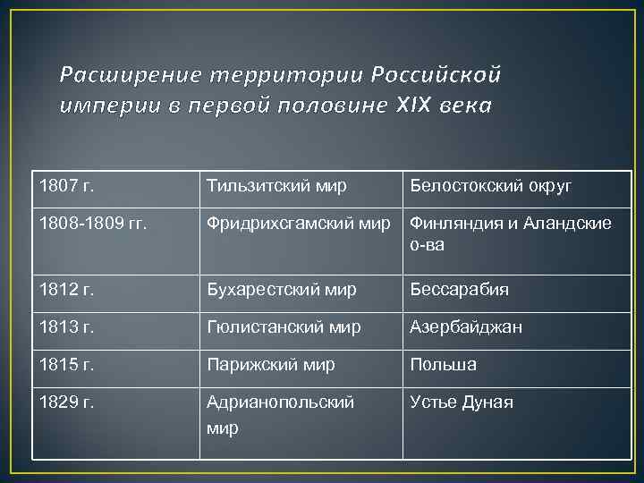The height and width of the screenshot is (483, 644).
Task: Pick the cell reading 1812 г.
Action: pos(67,289)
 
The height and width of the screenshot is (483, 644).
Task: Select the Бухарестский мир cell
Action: pos(281,289)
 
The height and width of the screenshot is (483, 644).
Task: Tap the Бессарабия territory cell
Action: pos(459,289)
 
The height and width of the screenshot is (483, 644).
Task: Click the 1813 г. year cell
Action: pos(67,326)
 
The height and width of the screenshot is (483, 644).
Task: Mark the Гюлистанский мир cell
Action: pos(284,326)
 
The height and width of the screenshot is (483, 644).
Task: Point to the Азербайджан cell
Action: pos(466,326)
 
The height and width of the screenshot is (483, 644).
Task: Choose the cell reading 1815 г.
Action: pos(67,364)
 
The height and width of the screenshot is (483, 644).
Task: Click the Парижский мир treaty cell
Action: pos(270,364)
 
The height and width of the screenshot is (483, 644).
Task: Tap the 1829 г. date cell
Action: pos(67,402)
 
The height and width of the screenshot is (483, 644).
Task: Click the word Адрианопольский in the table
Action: pos(280,402)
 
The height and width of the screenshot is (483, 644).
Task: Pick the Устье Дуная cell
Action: pos(461,402)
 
